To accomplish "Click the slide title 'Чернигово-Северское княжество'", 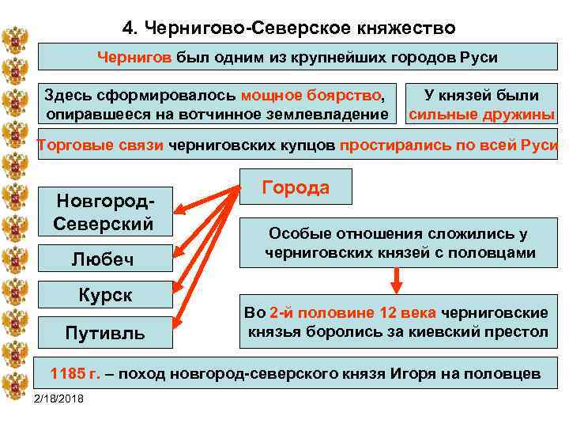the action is [x=289, y=28].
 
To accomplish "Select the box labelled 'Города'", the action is [x=295, y=187].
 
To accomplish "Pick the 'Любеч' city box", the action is [x=103, y=259].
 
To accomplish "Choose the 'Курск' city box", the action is [x=104, y=295].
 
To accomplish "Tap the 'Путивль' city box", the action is [x=104, y=333].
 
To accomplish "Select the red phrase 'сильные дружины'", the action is [x=481, y=115].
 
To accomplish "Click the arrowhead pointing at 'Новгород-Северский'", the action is [x=179, y=211].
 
